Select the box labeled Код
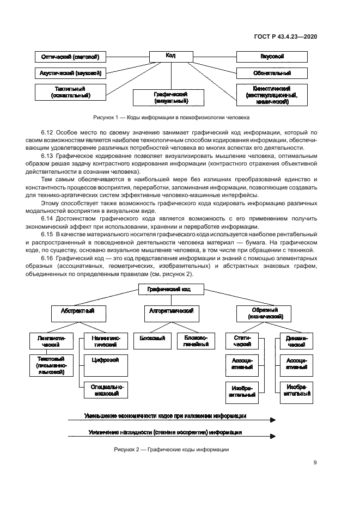[170, 56]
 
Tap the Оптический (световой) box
[70, 57]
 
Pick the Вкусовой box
[272, 57]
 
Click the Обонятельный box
[272, 72]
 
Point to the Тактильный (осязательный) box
[70, 91]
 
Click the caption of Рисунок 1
[171, 118]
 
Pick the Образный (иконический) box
[264, 313]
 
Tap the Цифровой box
[106, 360]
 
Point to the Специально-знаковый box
[105, 390]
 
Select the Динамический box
[296, 341]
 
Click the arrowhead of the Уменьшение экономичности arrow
[272, 420]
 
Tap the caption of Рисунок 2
[171, 450]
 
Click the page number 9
[315, 463]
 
